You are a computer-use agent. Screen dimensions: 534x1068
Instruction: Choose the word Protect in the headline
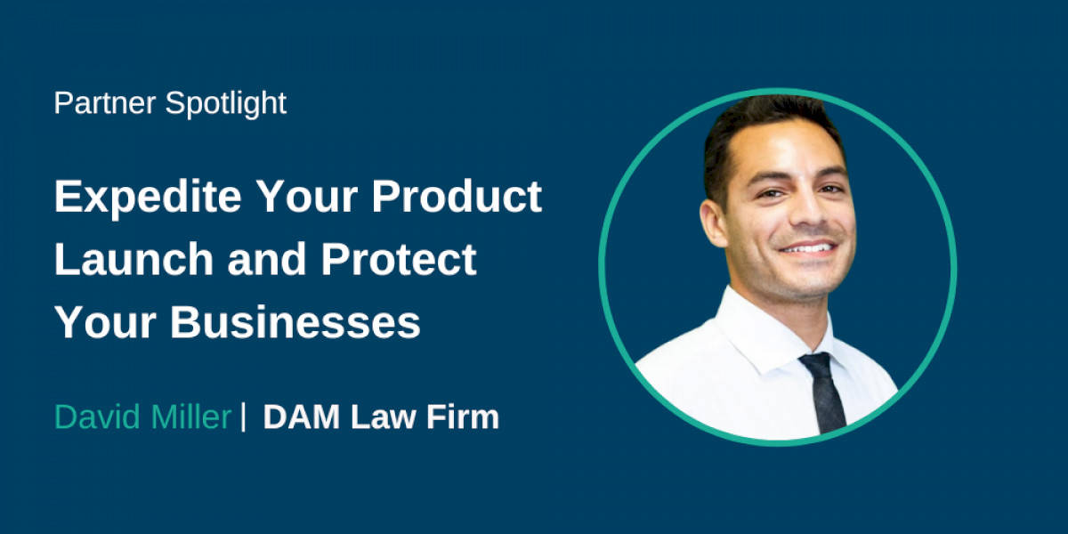[x=399, y=259]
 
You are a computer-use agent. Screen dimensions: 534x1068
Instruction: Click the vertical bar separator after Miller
[x=244, y=417]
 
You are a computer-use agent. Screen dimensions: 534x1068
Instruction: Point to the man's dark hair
[x=765, y=120]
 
